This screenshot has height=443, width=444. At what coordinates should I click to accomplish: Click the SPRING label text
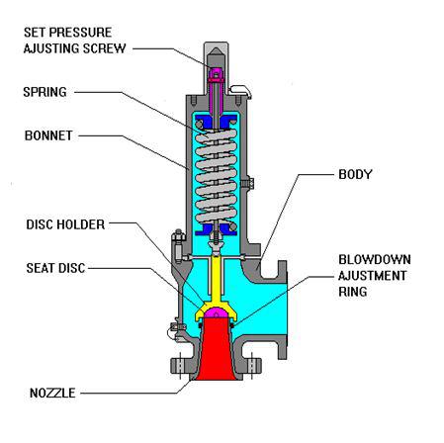[44, 92]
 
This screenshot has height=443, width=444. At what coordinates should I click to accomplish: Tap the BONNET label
[48, 135]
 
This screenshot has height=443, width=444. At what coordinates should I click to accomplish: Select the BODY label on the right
[355, 174]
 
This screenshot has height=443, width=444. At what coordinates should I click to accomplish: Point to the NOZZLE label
[52, 393]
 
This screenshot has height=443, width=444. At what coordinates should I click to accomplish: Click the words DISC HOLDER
[65, 224]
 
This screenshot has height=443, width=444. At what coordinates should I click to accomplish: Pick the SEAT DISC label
[55, 268]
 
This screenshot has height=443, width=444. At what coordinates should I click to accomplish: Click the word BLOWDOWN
[375, 259]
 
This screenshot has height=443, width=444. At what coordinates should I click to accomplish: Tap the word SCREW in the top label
[105, 48]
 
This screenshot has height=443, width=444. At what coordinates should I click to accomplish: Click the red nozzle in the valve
[217, 349]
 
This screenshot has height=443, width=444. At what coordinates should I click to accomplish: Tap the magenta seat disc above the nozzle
[217, 312]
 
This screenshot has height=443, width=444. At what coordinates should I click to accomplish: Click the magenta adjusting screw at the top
[216, 75]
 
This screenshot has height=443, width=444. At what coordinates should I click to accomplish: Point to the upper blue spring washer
[217, 121]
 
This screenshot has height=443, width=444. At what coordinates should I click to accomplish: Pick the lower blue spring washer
[217, 229]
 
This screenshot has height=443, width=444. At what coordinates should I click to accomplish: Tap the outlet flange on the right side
[283, 310]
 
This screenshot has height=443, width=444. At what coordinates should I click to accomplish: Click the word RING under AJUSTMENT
[353, 292]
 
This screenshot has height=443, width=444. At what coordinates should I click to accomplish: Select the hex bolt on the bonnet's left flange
[178, 245]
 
